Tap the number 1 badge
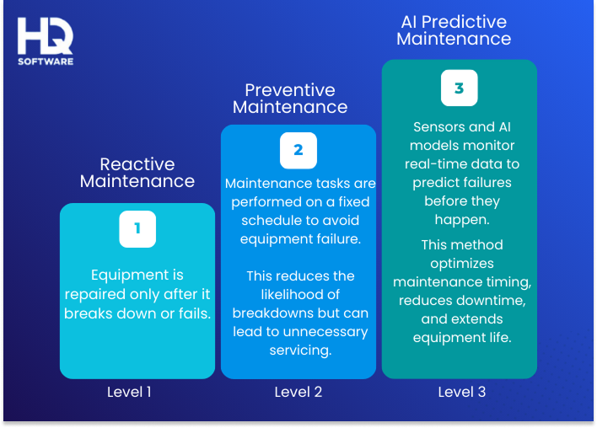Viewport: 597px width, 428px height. click(137, 229)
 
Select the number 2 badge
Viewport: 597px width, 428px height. click(298, 151)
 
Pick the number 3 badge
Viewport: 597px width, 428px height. click(459, 88)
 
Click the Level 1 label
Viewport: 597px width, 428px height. click(131, 392)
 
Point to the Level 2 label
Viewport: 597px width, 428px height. click(298, 392)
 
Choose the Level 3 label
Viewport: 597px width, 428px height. click(461, 392)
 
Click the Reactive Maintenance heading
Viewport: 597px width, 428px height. click(137, 173)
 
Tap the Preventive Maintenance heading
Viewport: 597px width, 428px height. click(290, 99)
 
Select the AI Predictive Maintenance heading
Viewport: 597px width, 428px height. click(454, 30)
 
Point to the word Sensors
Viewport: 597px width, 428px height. click(439, 127)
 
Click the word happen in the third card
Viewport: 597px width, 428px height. click(459, 220)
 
